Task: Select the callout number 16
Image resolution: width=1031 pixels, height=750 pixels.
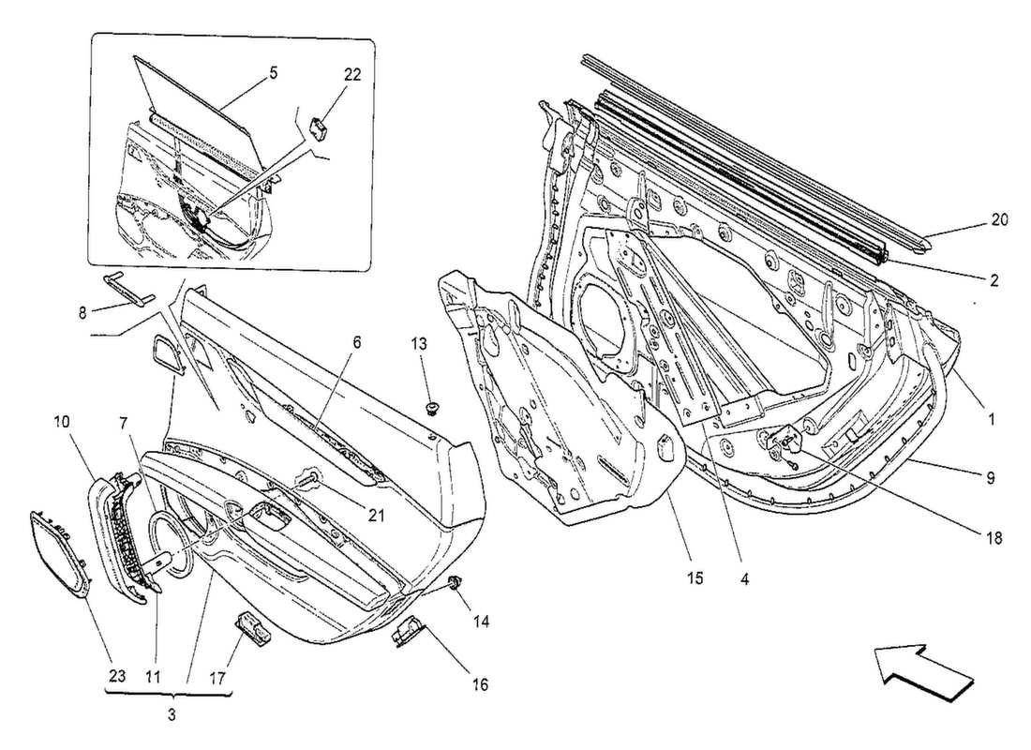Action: (479, 685)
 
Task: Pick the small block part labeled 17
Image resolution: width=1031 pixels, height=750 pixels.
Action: (252, 625)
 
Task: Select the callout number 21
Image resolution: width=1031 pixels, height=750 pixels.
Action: (376, 515)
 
